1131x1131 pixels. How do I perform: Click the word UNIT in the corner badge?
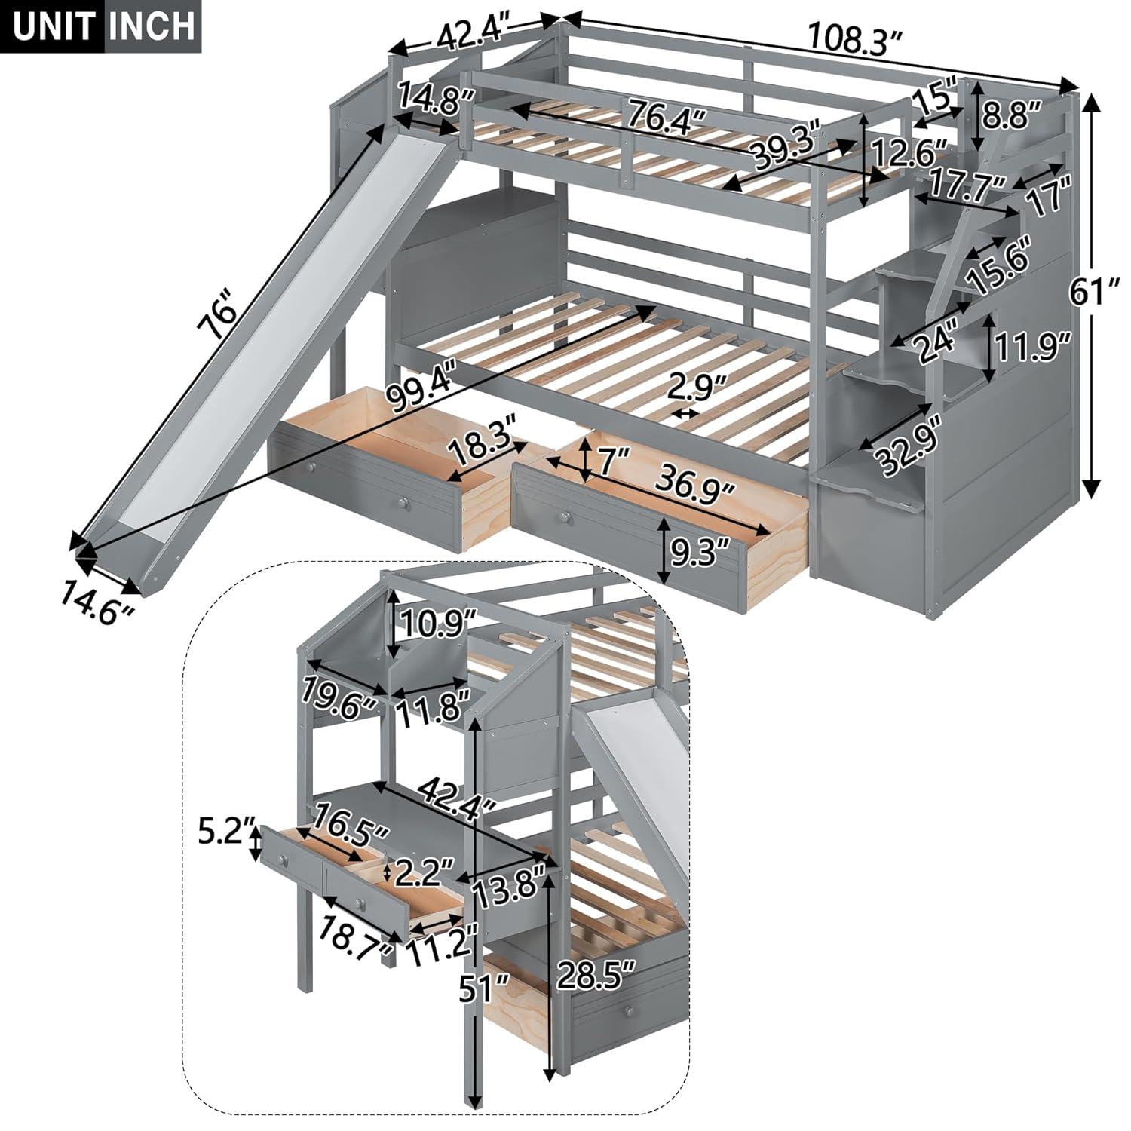click(51, 26)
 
